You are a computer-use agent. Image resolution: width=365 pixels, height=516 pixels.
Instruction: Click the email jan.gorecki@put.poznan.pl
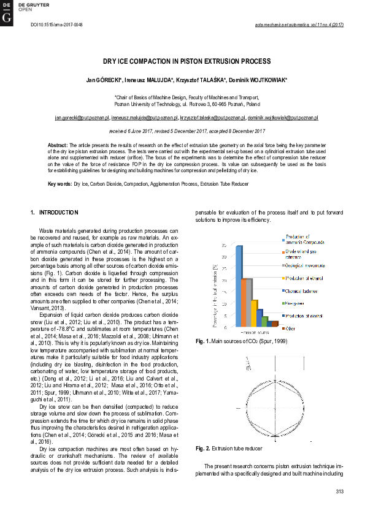point(82,117)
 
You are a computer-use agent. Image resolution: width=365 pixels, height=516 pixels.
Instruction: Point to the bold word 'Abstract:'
point(58,145)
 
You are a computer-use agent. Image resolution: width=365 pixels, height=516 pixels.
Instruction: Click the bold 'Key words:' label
point(60,184)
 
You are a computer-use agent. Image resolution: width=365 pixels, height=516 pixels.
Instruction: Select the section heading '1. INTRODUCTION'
point(55,213)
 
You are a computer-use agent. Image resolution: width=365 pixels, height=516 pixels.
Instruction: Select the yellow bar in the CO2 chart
point(254,313)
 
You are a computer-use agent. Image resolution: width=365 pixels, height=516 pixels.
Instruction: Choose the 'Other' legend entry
point(291,328)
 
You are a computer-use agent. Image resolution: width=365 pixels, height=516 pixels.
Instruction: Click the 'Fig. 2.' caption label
point(203,449)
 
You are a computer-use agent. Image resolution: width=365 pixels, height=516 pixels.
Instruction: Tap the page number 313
point(340,491)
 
